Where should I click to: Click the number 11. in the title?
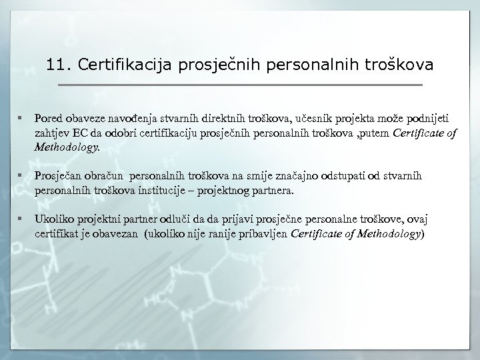click(x=59, y=65)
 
